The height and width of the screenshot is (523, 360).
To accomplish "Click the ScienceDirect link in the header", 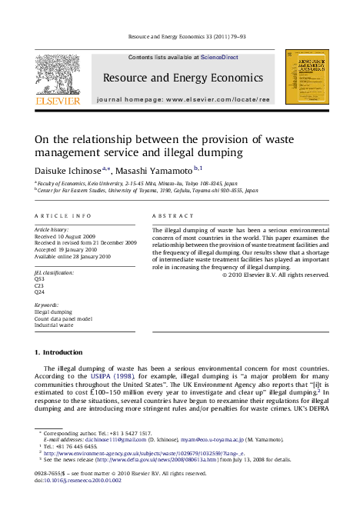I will (219, 58).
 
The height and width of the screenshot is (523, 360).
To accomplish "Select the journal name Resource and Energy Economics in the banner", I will (182, 78).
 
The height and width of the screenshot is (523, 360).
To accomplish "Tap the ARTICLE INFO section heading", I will (64, 216).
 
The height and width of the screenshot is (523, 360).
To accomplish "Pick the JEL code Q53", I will (40, 278).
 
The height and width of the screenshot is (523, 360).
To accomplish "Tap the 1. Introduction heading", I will (58, 351).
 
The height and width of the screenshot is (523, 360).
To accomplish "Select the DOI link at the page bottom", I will (67, 478).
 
